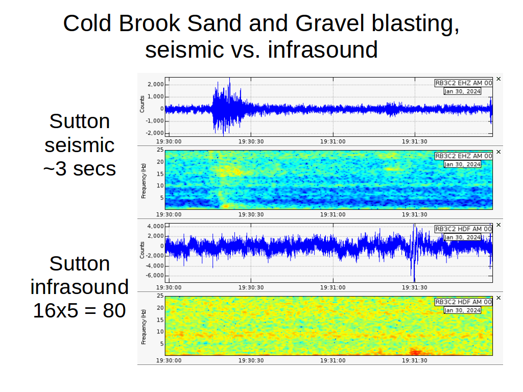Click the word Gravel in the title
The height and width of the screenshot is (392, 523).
[x=329, y=24]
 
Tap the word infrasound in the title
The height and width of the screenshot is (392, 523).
[x=323, y=50]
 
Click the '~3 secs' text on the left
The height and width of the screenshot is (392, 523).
[x=79, y=168]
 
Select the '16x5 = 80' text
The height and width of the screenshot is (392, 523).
[x=79, y=311]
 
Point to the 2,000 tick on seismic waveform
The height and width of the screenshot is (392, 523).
[x=156, y=84]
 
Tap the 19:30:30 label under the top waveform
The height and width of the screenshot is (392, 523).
[x=251, y=141]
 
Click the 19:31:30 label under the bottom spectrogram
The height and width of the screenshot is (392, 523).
[x=414, y=360]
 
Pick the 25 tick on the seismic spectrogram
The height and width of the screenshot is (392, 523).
[x=160, y=150]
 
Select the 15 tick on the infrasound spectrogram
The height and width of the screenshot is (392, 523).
[x=160, y=320]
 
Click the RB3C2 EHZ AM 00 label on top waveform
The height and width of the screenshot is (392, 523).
[x=464, y=83]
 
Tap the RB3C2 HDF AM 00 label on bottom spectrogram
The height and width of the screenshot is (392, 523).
[x=464, y=302]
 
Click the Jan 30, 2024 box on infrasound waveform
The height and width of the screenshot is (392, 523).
[x=462, y=237]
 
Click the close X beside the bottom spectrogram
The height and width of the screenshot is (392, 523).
[x=498, y=298]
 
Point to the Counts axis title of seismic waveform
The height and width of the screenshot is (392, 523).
[x=142, y=104]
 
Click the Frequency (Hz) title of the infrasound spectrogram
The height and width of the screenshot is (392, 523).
[x=144, y=327]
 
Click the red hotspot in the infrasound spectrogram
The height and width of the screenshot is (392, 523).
[x=417, y=352]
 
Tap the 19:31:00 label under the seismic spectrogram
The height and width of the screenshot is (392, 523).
[x=333, y=214]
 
